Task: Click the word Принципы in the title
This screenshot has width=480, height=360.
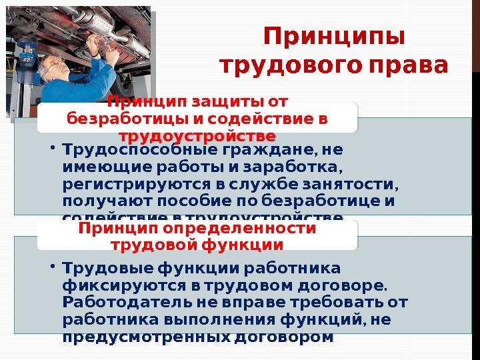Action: tap(334, 37)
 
